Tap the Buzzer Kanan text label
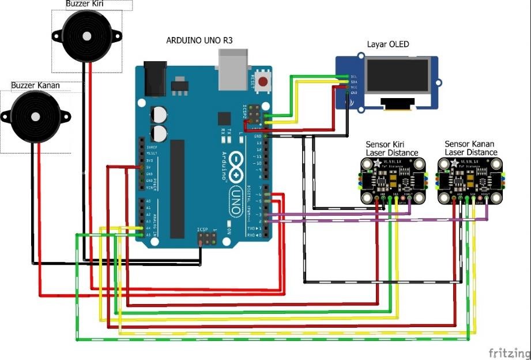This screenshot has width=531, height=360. coord(35,85)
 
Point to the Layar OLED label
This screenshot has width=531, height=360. coord(387,45)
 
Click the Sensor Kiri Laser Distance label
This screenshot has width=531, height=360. coord(392,148)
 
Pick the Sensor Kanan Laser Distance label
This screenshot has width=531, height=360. coord(471,148)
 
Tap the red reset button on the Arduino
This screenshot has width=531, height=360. coord(264,80)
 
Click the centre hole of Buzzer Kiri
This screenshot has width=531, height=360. coord(87,36)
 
